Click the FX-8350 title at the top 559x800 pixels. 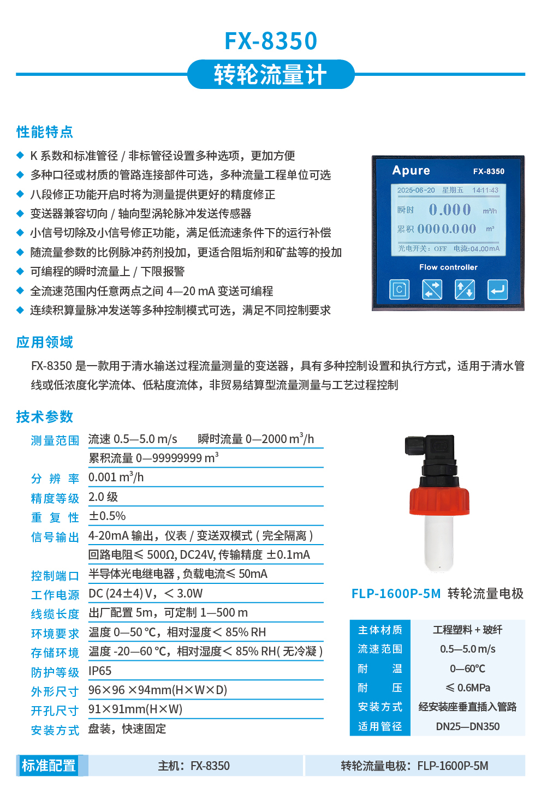271,41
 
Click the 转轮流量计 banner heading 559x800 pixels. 271,75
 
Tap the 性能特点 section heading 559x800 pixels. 45,132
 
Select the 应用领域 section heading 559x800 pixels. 45,342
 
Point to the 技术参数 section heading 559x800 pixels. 45,417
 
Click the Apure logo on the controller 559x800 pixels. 411,171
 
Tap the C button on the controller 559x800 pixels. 399,289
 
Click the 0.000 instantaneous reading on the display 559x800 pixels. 449,210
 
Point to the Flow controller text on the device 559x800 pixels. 448,267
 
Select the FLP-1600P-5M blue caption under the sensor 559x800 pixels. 396,594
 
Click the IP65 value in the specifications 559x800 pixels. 100,671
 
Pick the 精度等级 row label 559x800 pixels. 55,498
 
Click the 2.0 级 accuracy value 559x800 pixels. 103,497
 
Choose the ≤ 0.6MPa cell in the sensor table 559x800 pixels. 468,688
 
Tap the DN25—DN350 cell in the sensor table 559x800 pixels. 468,726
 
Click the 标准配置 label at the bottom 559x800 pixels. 49,766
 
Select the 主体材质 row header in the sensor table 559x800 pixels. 380,630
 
